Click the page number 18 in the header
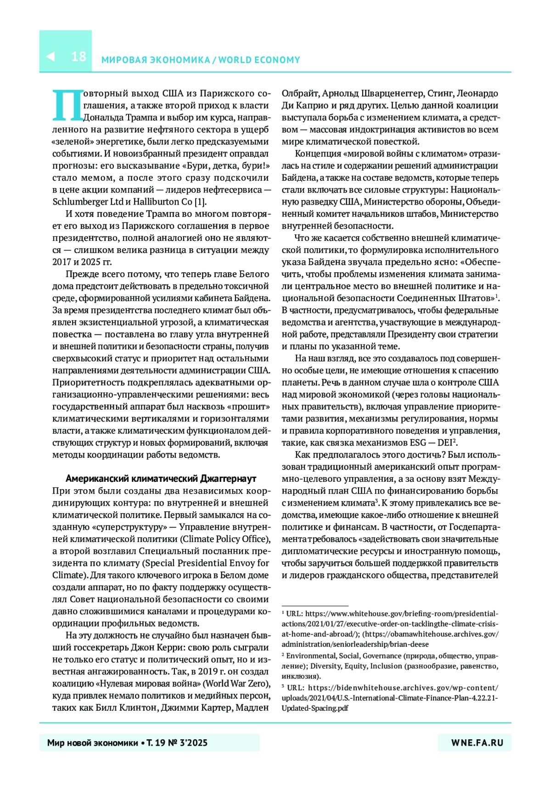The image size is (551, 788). coord(79,57)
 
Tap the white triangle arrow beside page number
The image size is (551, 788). coord(51,57)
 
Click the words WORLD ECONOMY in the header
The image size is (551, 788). coord(259,60)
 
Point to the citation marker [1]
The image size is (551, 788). coord(200,202)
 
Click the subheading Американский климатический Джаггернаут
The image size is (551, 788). coord(161,479)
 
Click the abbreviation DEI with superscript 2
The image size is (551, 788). coord(446,443)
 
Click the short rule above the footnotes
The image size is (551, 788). coord(315,606)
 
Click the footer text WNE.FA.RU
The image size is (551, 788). coord(477,742)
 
